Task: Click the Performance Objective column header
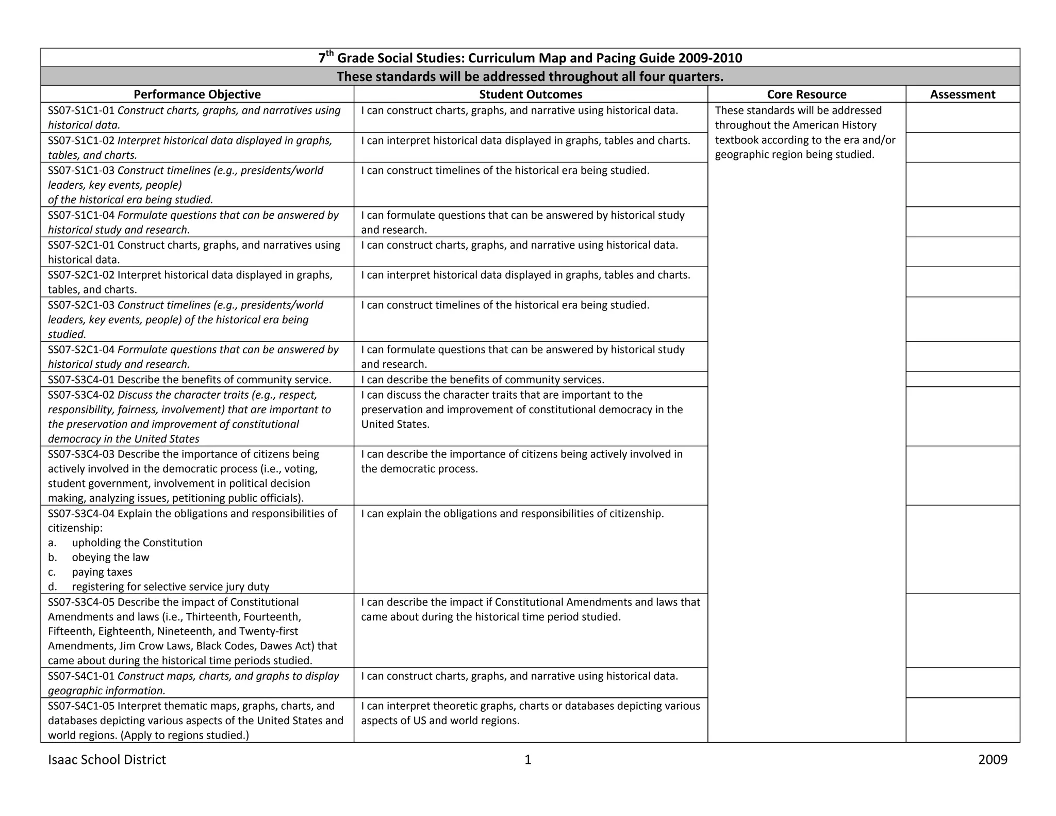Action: pos(197,94)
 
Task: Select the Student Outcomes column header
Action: pos(531,94)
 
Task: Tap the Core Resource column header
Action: pos(806,94)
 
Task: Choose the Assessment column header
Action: pos(962,94)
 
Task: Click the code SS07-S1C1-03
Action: pos(81,171)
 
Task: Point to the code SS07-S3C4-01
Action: pos(81,380)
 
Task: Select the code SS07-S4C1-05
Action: pos(81,706)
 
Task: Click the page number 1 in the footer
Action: pos(527,760)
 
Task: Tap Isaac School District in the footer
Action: pos(107,760)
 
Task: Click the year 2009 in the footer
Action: pos(993,760)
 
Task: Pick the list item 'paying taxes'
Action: pos(102,572)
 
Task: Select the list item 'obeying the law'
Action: pos(110,558)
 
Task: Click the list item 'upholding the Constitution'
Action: pos(137,543)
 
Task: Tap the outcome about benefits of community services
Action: pos(482,380)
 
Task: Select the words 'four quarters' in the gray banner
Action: pos(681,77)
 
